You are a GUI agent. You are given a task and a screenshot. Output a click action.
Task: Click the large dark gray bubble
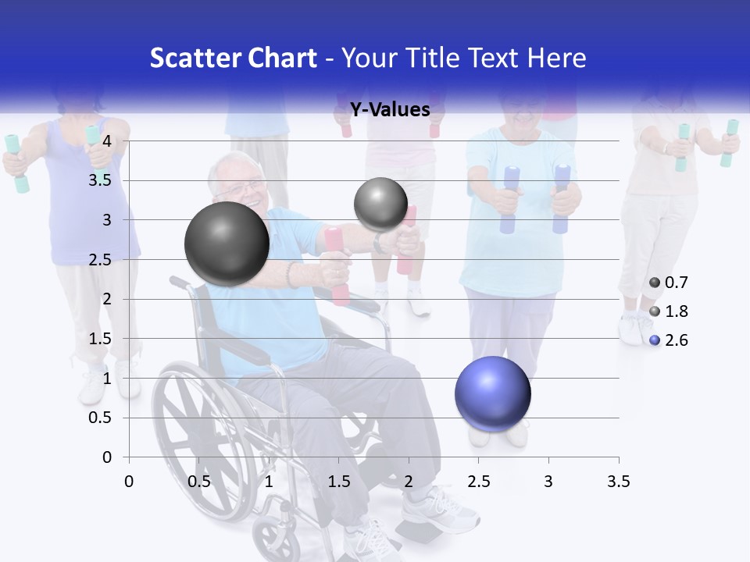point(227,244)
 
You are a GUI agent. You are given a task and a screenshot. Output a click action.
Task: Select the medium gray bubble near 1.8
point(380,205)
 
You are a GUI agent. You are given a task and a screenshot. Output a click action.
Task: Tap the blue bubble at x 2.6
point(493,393)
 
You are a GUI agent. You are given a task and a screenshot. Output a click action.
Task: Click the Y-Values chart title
point(390,110)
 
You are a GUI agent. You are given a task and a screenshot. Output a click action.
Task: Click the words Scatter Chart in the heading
point(234,58)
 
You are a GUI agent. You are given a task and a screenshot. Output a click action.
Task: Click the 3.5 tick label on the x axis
point(618,482)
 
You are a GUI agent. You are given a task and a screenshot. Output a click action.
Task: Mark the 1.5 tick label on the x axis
point(338,482)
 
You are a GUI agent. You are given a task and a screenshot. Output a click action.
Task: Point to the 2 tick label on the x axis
point(409,482)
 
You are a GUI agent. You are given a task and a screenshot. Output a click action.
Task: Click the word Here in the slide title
point(555,58)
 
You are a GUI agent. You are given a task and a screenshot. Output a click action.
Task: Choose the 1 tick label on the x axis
point(269,482)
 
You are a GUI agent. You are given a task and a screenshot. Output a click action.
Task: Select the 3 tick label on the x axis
point(548,482)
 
